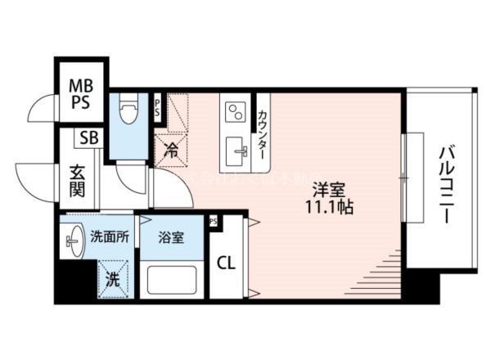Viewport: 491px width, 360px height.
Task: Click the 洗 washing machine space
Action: (114, 278)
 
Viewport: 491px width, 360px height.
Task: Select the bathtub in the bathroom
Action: (171, 281)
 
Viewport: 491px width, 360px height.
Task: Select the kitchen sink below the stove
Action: (238, 148)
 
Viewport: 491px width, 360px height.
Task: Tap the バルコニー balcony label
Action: (446, 184)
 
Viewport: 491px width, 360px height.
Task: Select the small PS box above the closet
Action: (214, 221)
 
